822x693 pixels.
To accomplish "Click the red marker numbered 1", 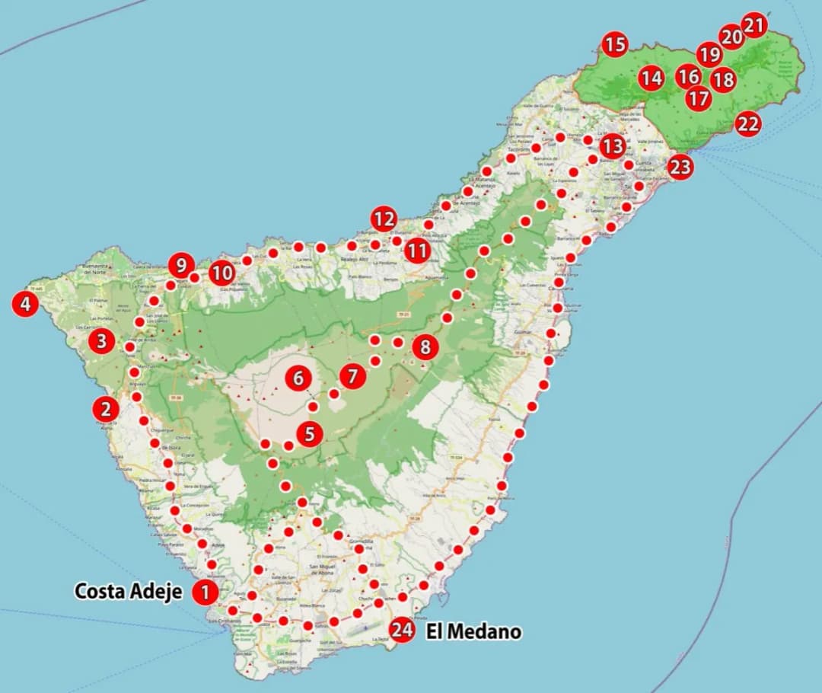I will (205, 592).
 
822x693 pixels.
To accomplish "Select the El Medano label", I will (473, 631).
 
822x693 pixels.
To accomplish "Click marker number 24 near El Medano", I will (402, 630).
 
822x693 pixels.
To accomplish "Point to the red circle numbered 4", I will (26, 305).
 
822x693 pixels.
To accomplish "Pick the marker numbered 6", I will (298, 377).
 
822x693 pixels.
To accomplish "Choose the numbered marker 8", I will (425, 348).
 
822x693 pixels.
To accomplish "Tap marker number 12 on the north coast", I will (384, 220).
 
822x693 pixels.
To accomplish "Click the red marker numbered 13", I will (612, 145).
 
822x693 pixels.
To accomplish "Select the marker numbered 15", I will (615, 45).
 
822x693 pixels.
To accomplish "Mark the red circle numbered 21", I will (753, 25).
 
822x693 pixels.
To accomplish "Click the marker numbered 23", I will (680, 166).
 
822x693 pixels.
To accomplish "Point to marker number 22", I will (747, 123).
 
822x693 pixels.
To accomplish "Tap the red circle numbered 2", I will (105, 409).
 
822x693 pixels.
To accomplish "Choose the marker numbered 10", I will (221, 273).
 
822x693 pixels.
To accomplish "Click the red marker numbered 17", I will (698, 98).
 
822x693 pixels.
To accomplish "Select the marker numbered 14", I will (651, 78).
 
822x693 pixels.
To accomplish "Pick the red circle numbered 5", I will (309, 434).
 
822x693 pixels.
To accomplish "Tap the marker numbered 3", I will (101, 341).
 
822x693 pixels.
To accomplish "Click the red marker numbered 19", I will (709, 55).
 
